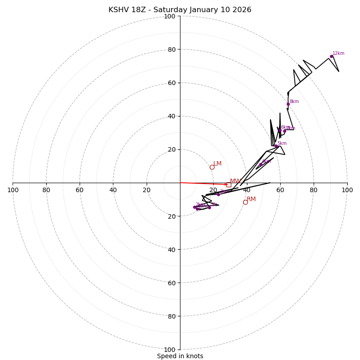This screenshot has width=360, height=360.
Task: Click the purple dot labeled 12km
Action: (x=331, y=56)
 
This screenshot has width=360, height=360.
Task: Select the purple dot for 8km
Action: (x=288, y=104)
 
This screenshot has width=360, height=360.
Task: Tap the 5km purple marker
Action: (x=276, y=146)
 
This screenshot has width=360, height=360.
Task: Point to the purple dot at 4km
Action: (x=261, y=164)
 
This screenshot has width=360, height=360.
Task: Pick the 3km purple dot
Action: (x=218, y=194)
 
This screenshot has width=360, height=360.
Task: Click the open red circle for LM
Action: (x=212, y=167)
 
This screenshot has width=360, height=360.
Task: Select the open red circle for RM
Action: (x=245, y=202)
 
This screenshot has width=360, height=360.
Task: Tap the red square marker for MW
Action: (x=229, y=184)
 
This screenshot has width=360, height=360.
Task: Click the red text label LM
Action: (x=217, y=164)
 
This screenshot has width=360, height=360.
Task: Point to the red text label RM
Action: (x=251, y=199)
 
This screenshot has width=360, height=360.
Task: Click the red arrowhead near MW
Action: (x=226, y=184)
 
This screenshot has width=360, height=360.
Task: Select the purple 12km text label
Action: (x=338, y=54)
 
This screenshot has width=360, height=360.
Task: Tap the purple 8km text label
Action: (x=294, y=102)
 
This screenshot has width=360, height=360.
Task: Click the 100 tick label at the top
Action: (x=170, y=17)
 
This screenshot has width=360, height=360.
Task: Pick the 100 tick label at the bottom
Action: (x=170, y=350)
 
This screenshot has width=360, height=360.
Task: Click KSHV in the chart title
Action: (x=118, y=10)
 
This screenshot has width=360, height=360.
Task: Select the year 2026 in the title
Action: (x=242, y=10)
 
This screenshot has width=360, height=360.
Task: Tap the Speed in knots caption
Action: (x=180, y=356)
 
